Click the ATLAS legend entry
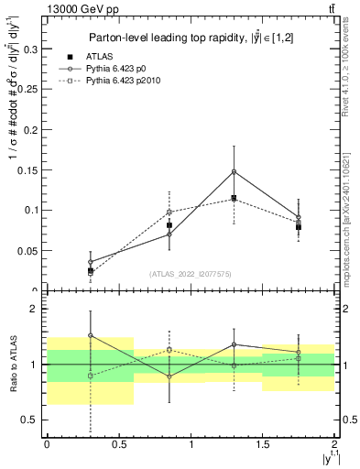click(99, 57)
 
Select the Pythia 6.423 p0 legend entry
click(121, 69)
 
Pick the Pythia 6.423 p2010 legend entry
click(127, 82)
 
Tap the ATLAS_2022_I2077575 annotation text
click(191, 273)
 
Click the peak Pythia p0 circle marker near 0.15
click(235, 171)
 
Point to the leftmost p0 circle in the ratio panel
click(91, 335)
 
